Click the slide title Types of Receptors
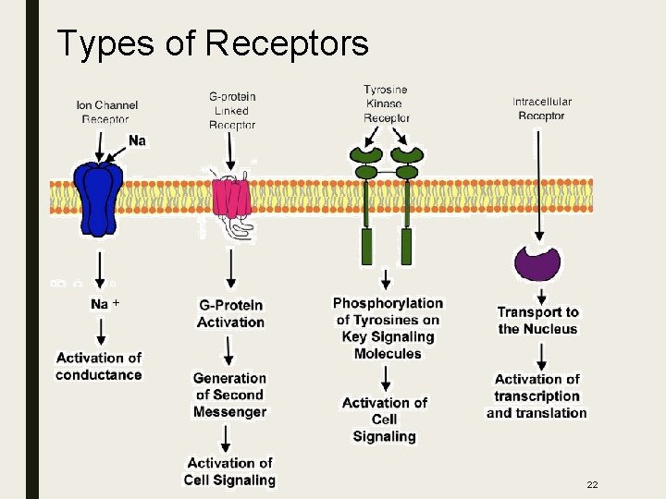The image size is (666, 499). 213,43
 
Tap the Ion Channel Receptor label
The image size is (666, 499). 103,112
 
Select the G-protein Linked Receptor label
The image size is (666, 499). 231,111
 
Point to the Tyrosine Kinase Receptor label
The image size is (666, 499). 386,103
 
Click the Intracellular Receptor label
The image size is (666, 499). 541,108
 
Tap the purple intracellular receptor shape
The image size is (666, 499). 537,262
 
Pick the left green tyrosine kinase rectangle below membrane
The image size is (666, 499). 367,247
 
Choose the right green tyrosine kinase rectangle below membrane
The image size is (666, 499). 406,247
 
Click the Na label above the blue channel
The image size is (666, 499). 137,140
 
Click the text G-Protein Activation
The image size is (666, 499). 230,313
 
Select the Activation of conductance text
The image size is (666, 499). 98,366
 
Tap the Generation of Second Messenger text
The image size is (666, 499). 229,395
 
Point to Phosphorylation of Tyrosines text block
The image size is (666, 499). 388,328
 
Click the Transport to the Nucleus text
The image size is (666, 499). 537,321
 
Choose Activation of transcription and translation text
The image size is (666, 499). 536,396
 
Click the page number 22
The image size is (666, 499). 592,485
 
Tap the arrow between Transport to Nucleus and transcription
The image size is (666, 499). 537,354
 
